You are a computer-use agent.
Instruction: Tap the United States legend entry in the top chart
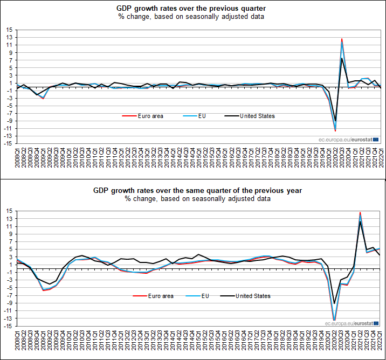point(257,116)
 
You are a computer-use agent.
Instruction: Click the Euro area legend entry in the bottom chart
point(161,296)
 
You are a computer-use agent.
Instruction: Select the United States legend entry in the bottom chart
point(253,296)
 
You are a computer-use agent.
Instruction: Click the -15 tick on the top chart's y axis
point(9,144)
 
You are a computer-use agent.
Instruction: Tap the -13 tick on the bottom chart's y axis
point(9,318)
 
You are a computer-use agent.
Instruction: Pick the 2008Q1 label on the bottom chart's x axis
point(18,343)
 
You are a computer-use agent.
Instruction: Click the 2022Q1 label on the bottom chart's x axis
point(381,343)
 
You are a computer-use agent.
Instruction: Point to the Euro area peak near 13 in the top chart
point(342,39)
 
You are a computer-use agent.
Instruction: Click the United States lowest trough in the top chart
point(335,121)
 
